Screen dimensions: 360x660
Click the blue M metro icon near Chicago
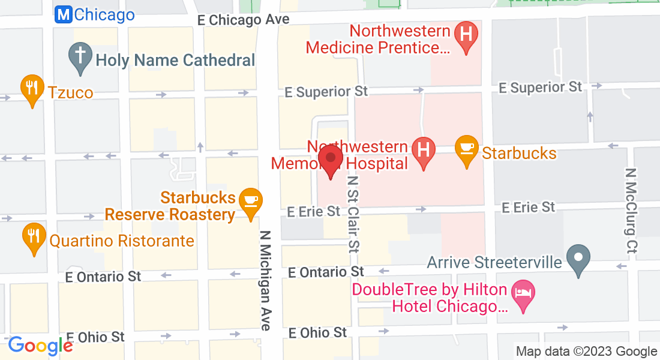pos(62,15)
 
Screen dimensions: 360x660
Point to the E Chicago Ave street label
pos(243,20)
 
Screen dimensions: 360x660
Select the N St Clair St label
pos(353,213)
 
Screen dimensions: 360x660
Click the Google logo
pos(40,346)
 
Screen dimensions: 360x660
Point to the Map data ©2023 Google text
pos(586,352)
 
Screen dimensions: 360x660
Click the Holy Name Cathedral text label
pos(175,60)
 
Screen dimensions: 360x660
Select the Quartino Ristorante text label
pos(122,241)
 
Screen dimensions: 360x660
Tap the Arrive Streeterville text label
pos(494,263)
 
